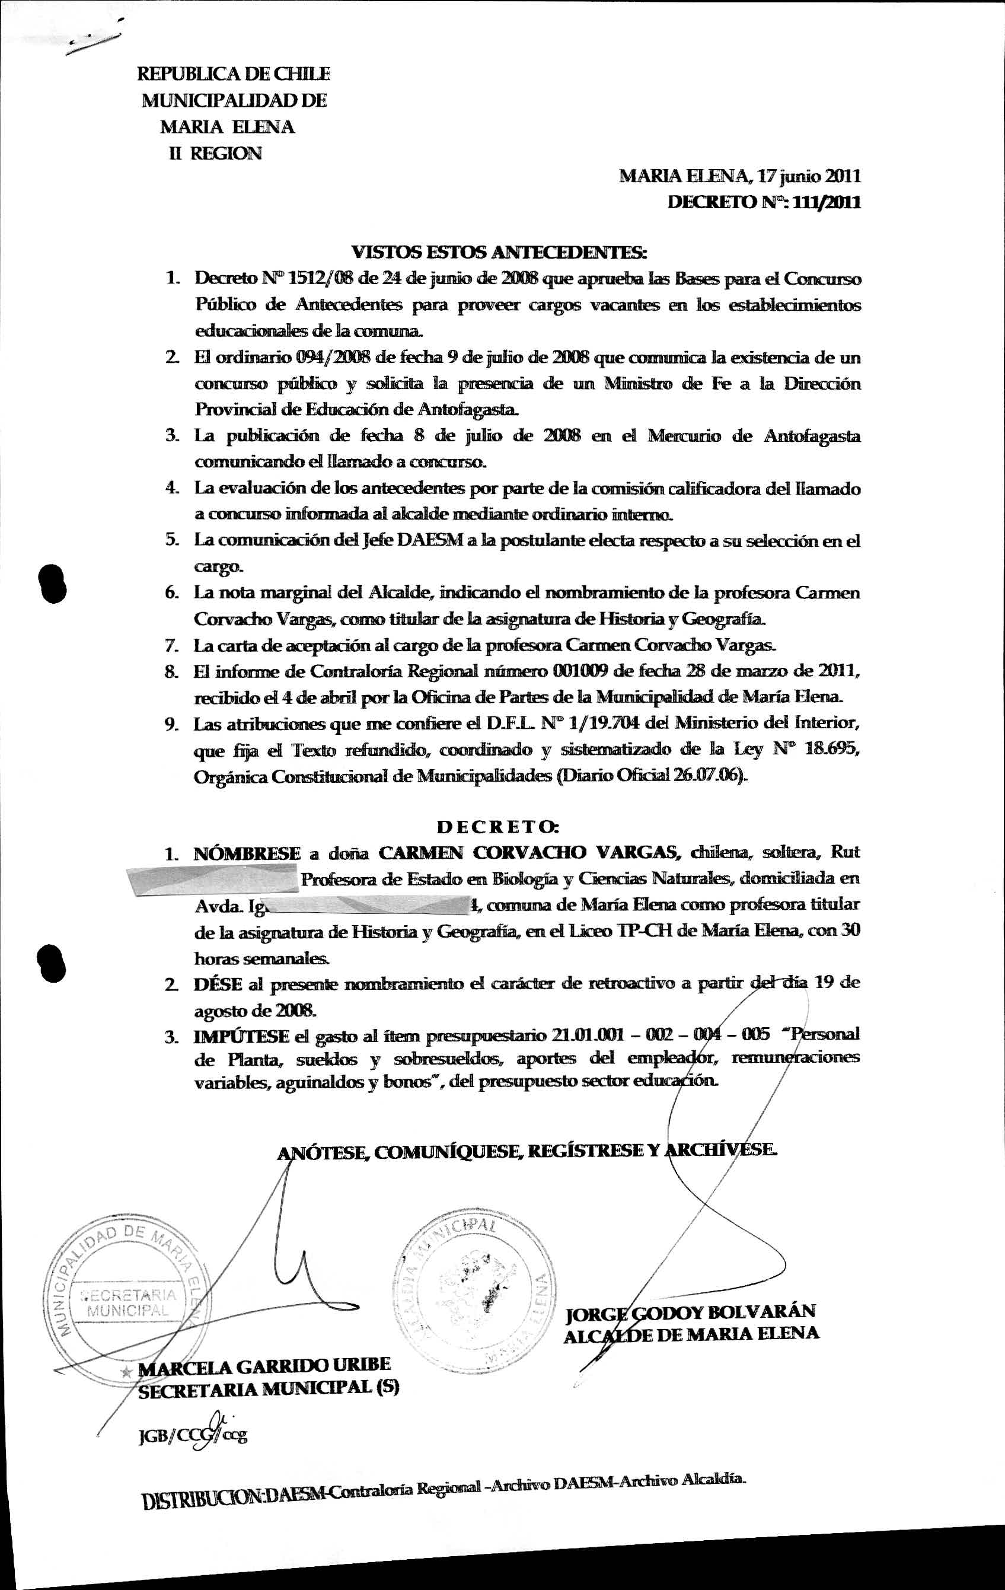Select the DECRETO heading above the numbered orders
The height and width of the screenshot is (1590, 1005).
tap(498, 826)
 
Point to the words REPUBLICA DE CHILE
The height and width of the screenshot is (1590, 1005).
tap(233, 74)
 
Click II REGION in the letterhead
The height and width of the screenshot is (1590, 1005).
tap(215, 153)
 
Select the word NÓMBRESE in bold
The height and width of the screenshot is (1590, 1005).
tap(247, 853)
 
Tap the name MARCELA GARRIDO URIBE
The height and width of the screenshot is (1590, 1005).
tap(266, 1365)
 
